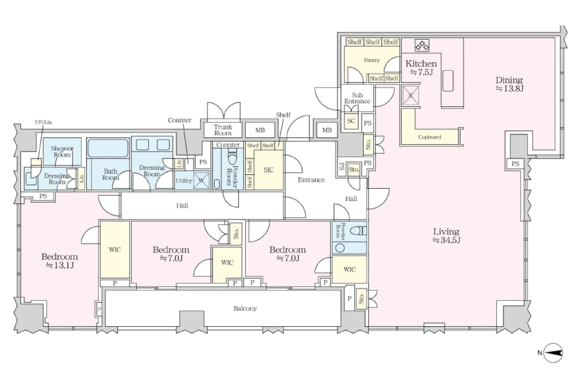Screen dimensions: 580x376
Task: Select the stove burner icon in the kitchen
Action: point(421,45)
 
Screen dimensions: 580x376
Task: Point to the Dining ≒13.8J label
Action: point(509,84)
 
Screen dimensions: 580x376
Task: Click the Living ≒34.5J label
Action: point(446,236)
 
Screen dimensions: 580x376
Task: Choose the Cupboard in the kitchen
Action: point(429,137)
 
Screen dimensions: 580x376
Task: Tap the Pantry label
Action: point(372,60)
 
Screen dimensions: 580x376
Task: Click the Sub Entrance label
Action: point(357,98)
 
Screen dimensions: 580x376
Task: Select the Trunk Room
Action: point(223,130)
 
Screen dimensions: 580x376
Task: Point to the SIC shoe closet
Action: point(269,170)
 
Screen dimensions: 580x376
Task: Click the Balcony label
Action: point(245,308)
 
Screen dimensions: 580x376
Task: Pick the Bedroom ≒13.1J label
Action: point(59,261)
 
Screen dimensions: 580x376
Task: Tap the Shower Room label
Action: point(62,152)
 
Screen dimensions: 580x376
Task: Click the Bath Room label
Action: point(110,174)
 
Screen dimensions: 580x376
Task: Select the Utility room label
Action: point(184,180)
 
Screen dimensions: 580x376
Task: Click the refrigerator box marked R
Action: point(411,96)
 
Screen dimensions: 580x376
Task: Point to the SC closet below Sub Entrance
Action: point(351,120)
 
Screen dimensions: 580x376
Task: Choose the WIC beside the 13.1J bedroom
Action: point(114,250)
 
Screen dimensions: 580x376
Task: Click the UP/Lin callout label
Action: point(43,122)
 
